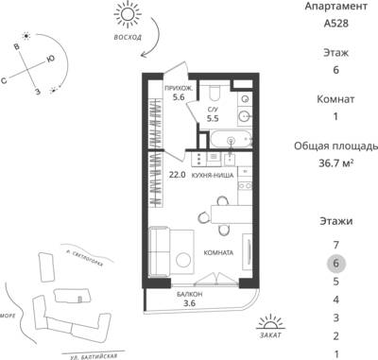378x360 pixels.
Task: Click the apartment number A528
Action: (x=335, y=24)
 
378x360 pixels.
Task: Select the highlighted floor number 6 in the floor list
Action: (x=335, y=263)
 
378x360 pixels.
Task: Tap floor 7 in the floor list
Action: (x=335, y=245)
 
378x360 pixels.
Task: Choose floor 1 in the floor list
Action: (x=336, y=354)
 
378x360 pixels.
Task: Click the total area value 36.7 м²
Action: (x=335, y=163)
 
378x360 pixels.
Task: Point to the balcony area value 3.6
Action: (x=189, y=303)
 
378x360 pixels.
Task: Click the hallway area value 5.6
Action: (x=179, y=97)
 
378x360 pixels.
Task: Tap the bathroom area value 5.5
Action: (x=213, y=118)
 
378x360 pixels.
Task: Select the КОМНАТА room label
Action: (x=218, y=252)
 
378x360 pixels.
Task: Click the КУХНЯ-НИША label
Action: (x=213, y=176)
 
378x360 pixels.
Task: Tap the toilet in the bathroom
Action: (x=216, y=92)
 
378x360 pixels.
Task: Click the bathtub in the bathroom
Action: (x=231, y=139)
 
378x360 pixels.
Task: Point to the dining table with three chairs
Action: (x=232, y=214)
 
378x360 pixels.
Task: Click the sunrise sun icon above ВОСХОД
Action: (x=128, y=15)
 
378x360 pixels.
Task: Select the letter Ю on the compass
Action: (x=50, y=59)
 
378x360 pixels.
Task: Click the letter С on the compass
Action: (x=4, y=81)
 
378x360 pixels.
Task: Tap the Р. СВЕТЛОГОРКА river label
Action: (x=83, y=258)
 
